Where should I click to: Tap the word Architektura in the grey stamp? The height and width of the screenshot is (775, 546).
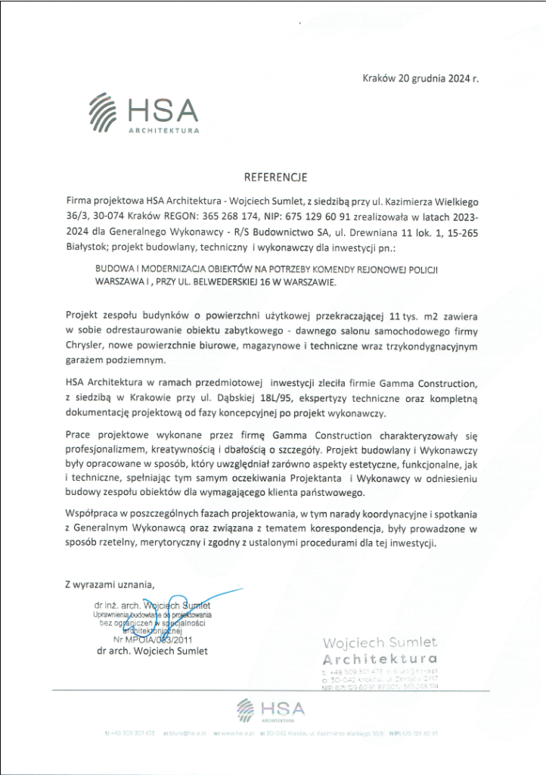pos(379,658)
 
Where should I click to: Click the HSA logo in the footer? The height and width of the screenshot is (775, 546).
pos(270,710)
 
